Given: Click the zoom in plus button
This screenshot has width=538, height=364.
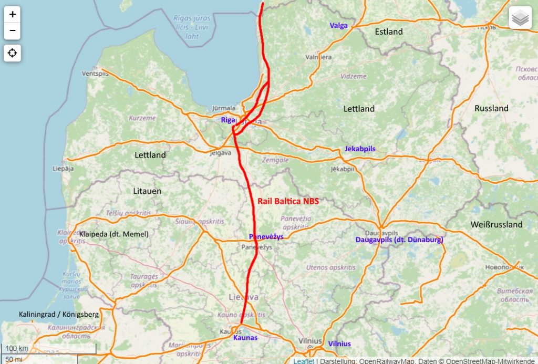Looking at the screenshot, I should (13, 15).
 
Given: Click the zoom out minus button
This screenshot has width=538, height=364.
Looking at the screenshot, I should (13, 31).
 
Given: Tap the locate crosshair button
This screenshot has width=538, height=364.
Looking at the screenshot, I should (13, 53).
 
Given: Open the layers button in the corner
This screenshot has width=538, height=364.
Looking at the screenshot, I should (520, 18).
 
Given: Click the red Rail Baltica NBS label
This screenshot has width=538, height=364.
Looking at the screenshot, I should (288, 201).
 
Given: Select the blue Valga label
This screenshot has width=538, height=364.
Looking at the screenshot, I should (339, 25).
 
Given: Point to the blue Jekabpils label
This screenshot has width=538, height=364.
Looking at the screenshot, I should (360, 149).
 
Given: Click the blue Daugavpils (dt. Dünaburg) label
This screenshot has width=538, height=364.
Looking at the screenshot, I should (399, 240).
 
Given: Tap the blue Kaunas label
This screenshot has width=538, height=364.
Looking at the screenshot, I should (245, 337).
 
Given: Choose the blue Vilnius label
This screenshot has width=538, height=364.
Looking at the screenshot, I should (339, 344).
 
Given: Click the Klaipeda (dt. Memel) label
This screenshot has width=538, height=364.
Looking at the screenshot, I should (114, 234).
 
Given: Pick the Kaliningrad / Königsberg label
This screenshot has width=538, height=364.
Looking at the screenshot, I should (58, 314).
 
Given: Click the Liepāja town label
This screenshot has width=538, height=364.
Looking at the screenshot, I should (63, 169).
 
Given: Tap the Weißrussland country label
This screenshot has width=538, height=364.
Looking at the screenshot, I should (496, 224).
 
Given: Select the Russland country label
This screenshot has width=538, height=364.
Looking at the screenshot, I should (491, 108).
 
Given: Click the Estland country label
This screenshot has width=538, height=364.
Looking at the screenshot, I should (389, 32).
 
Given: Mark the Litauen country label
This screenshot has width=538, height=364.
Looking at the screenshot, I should (148, 191).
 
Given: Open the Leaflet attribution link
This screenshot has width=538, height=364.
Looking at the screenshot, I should (304, 361).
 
